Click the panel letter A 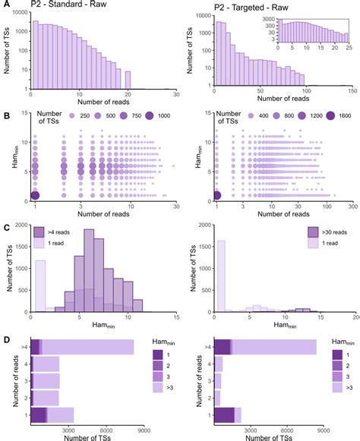click(x=5, y=5)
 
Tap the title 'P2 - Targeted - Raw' click(x=247, y=7)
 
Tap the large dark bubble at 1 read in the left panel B click(x=36, y=196)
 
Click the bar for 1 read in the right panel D click(x=227, y=414)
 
